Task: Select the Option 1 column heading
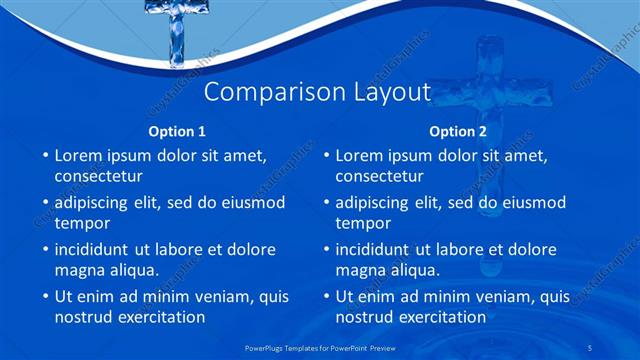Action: pyautogui.click(x=177, y=131)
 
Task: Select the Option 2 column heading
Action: pyautogui.click(x=458, y=131)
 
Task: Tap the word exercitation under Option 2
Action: pyautogui.click(x=441, y=317)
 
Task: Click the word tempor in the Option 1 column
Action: pyautogui.click(x=82, y=223)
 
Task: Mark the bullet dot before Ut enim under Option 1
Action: pyautogui.click(x=43, y=297)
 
